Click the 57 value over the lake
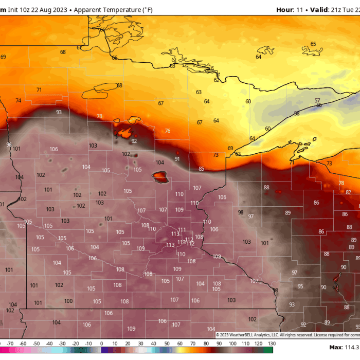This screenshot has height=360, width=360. (x=317, y=101)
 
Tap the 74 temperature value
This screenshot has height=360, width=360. (x=19, y=101)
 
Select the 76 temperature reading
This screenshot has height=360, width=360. (x=167, y=131)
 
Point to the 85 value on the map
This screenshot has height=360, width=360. (x=201, y=169)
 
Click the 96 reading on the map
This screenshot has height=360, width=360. (x=9, y=145)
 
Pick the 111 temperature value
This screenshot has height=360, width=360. (x=182, y=230)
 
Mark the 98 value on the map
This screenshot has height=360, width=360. (x=240, y=212)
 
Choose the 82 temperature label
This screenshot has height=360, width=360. (x=348, y=192)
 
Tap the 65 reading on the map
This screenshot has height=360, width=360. (x=313, y=44)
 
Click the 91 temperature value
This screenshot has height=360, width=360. (x=177, y=159)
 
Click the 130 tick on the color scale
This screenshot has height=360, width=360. (x=271, y=343)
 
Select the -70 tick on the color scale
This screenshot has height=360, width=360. (x=10, y=343)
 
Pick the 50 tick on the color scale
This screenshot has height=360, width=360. (x=167, y=343)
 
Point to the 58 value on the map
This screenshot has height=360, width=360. (x=296, y=114)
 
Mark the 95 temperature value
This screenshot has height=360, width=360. (x=300, y=286)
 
